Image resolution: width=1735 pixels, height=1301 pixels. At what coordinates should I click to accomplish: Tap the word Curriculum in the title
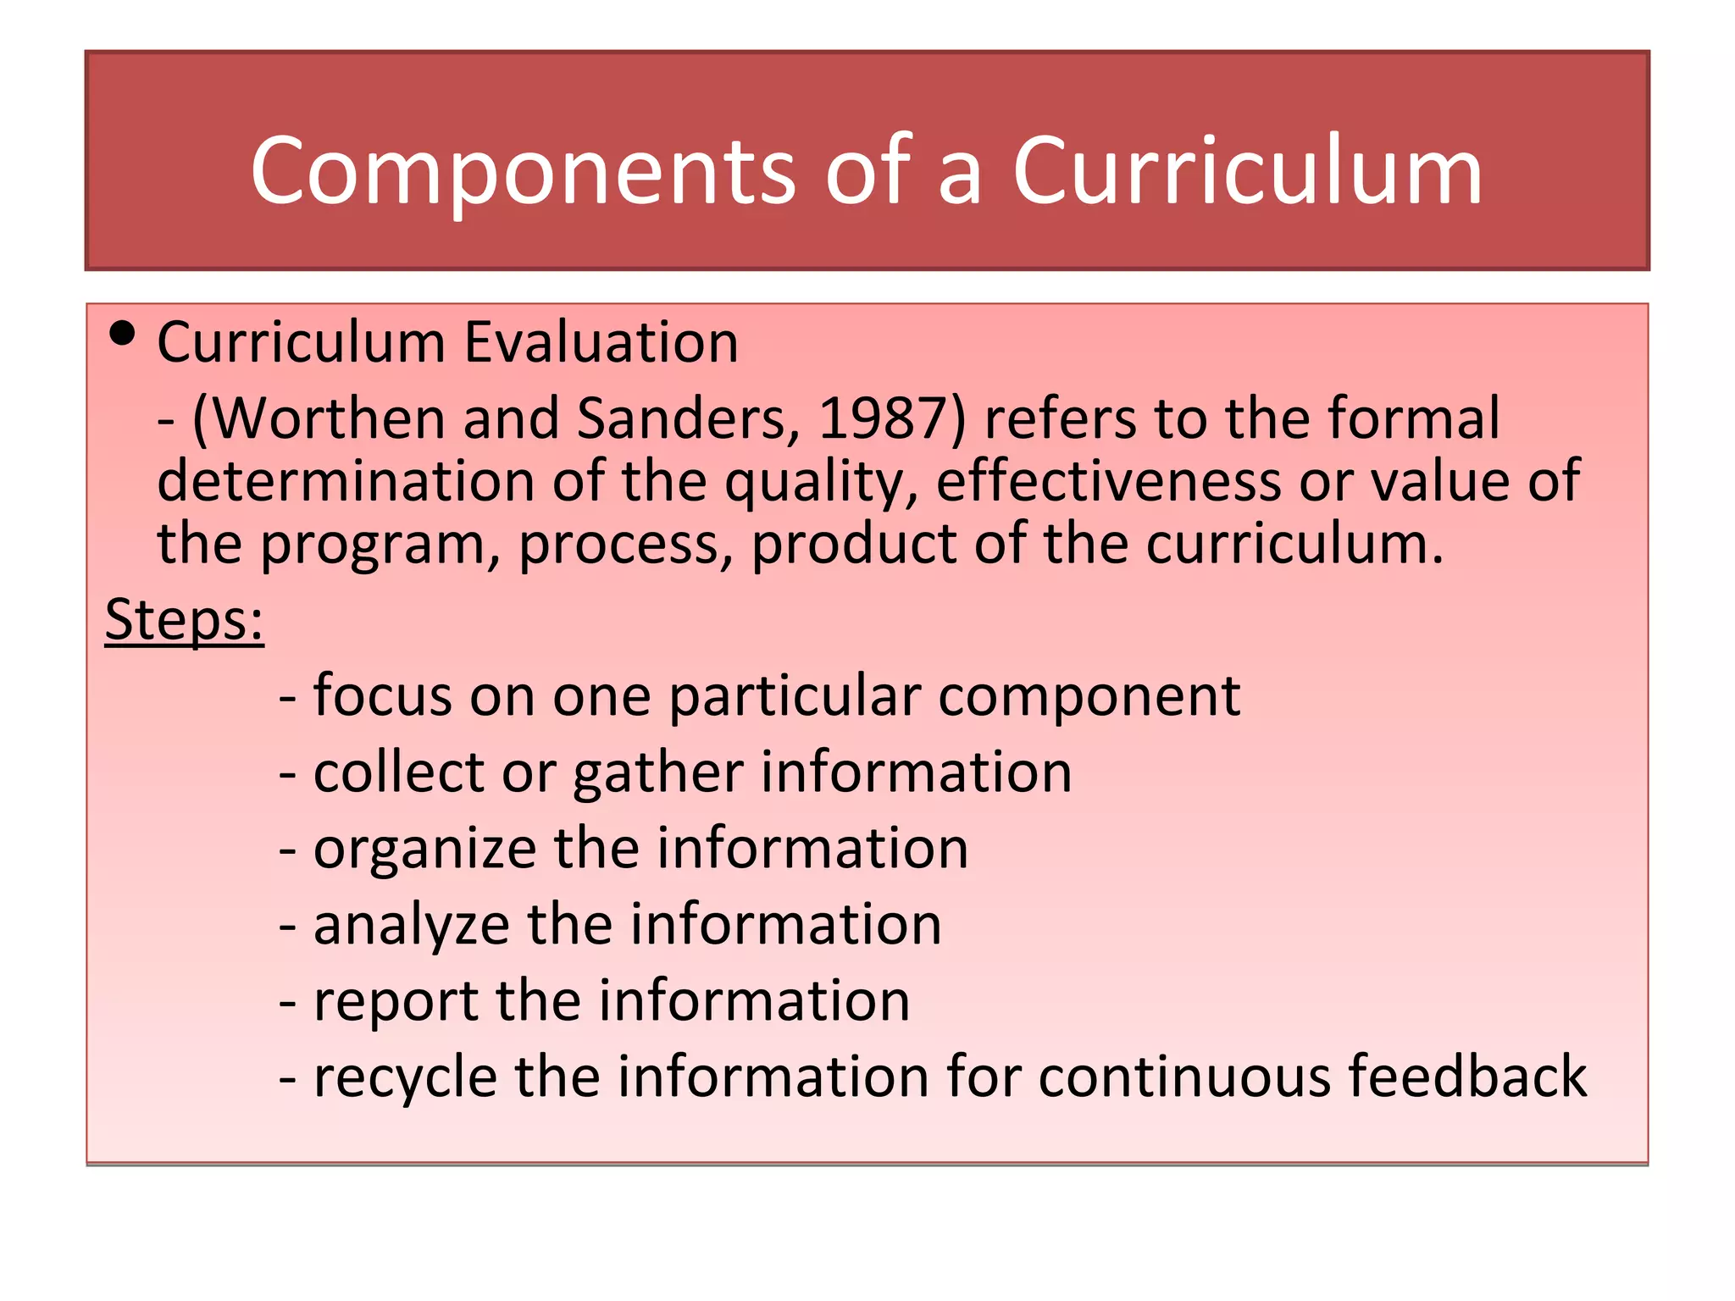pyautogui.click(x=1247, y=172)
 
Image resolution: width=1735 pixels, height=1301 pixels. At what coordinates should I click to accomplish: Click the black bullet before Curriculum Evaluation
pyautogui.click(x=123, y=334)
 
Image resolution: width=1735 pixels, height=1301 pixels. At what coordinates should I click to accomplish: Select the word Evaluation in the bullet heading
pyautogui.click(x=601, y=343)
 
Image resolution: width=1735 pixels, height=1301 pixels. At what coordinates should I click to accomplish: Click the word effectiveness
pyautogui.click(x=1108, y=481)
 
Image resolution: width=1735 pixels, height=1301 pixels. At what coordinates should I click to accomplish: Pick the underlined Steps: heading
pyautogui.click(x=185, y=620)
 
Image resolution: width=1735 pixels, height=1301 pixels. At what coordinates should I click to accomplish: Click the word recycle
pyautogui.click(x=405, y=1077)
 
